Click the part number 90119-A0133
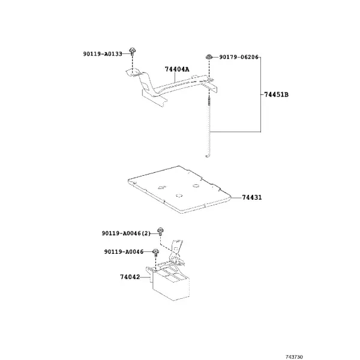pyautogui.click(x=103, y=54)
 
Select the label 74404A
pyautogui.click(x=177, y=69)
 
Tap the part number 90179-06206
pyautogui.click(x=239, y=57)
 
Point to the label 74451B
pyautogui.click(x=276, y=94)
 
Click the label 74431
pyautogui.click(x=252, y=197)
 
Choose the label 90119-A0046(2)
pyautogui.click(x=126, y=233)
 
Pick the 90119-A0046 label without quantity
pyautogui.click(x=124, y=252)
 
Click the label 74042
pyautogui.click(x=130, y=277)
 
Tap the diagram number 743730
pyautogui.click(x=294, y=357)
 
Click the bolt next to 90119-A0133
pyautogui.click(x=132, y=51)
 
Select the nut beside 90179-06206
pyautogui.click(x=209, y=57)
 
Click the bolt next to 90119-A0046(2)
pyautogui.click(x=160, y=231)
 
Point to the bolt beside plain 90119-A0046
pyautogui.click(x=156, y=252)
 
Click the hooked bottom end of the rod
pyautogui.click(x=206, y=157)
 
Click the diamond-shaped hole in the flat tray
pyautogui.click(x=161, y=187)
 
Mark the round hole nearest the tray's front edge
pyautogui.click(x=179, y=196)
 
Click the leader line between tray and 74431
pyautogui.click(x=236, y=197)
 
